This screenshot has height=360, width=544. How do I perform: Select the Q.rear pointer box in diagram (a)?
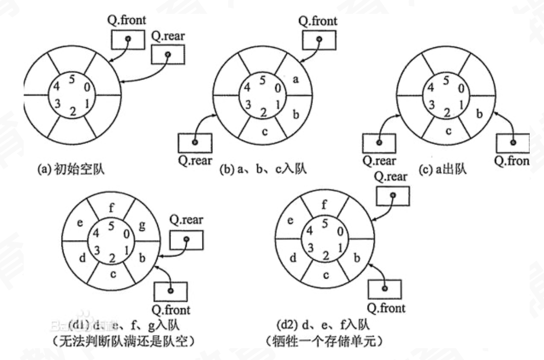click(168, 55)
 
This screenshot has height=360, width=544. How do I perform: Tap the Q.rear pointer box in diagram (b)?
click(195, 143)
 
